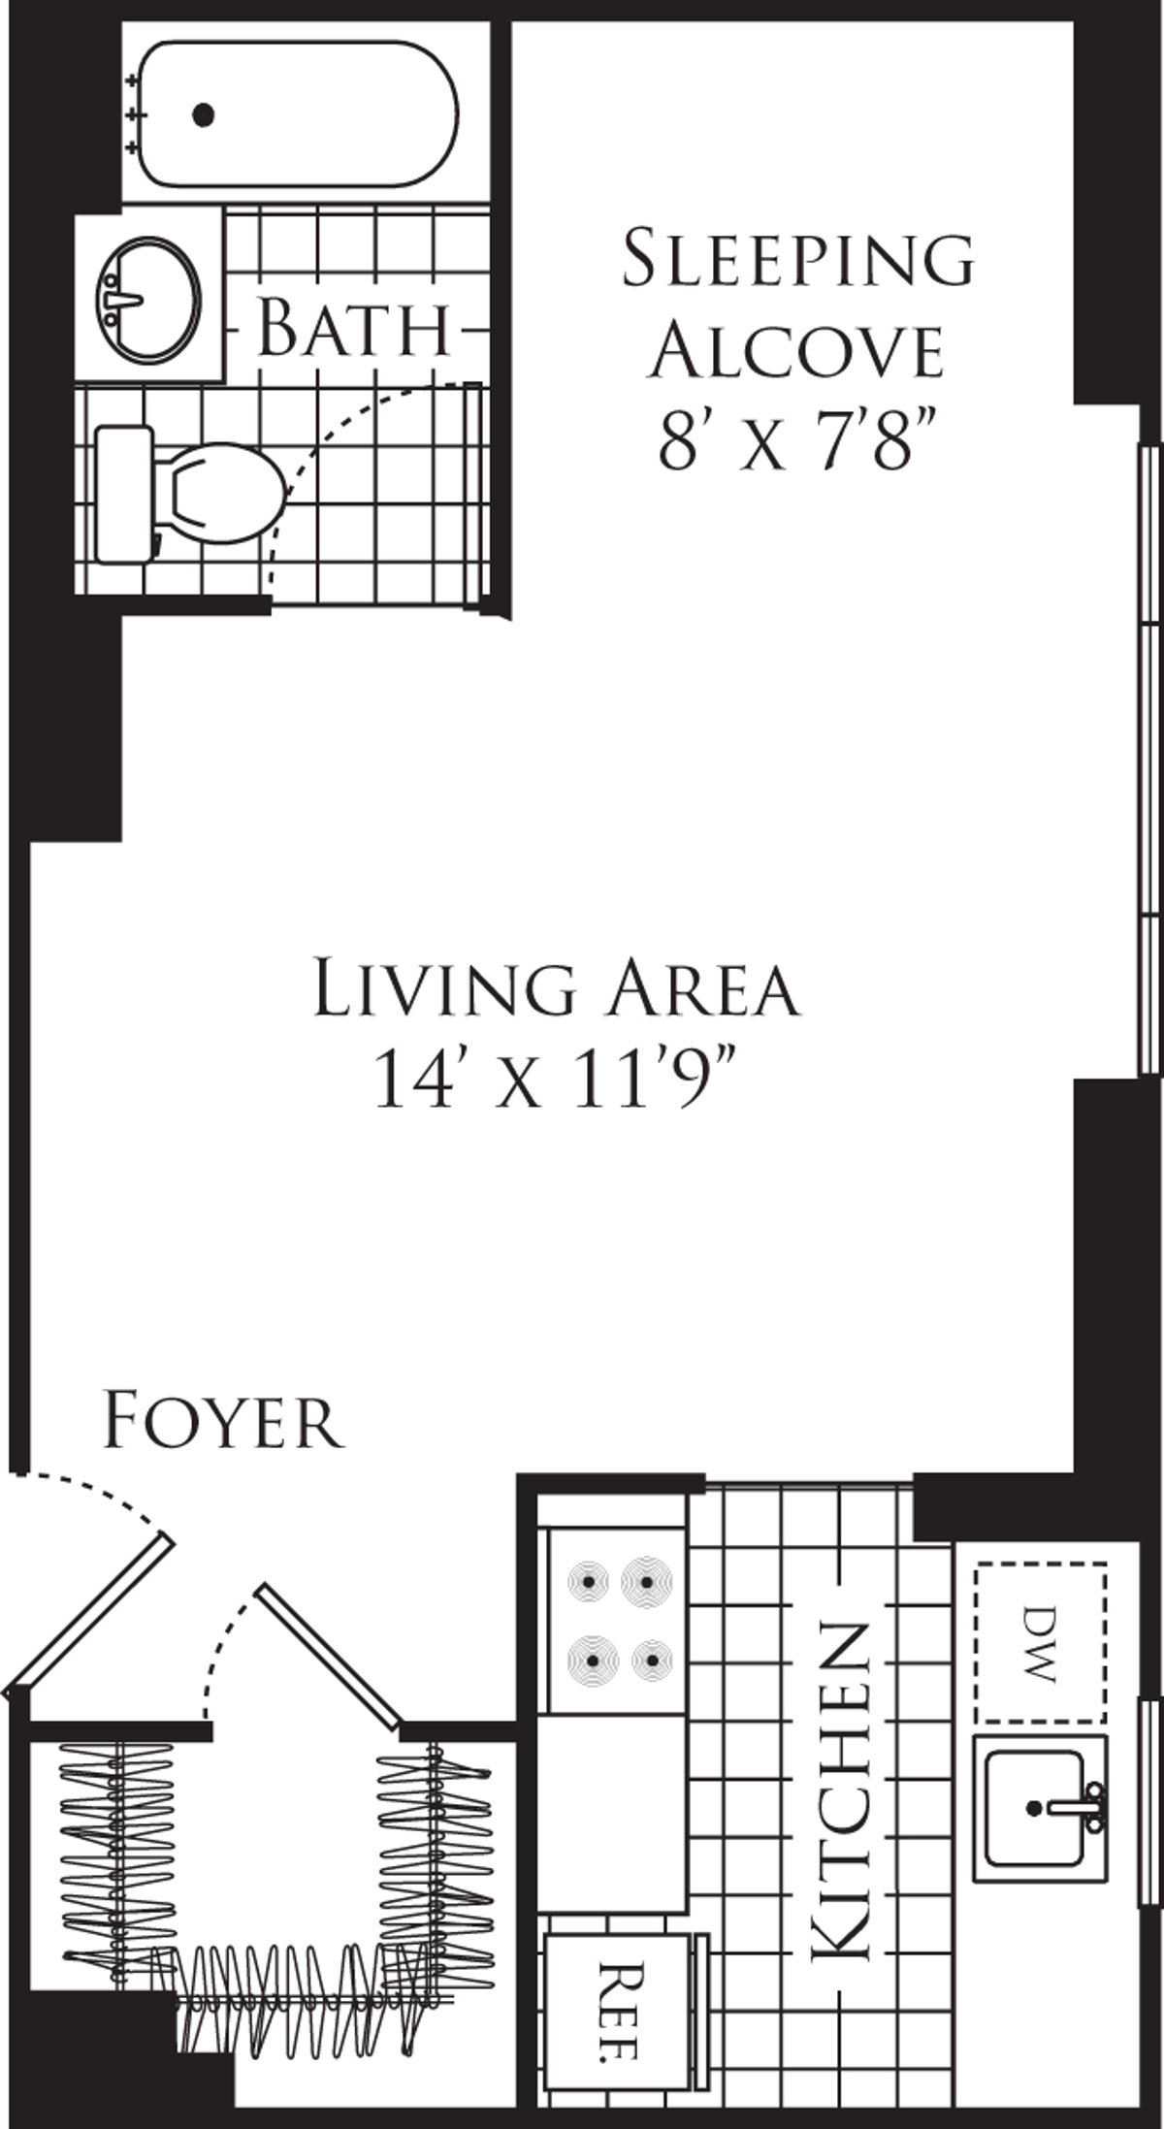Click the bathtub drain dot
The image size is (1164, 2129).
point(203,115)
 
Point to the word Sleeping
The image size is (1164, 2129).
point(797,259)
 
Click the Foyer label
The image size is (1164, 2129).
point(223,1422)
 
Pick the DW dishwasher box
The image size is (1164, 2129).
point(1040,1641)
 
